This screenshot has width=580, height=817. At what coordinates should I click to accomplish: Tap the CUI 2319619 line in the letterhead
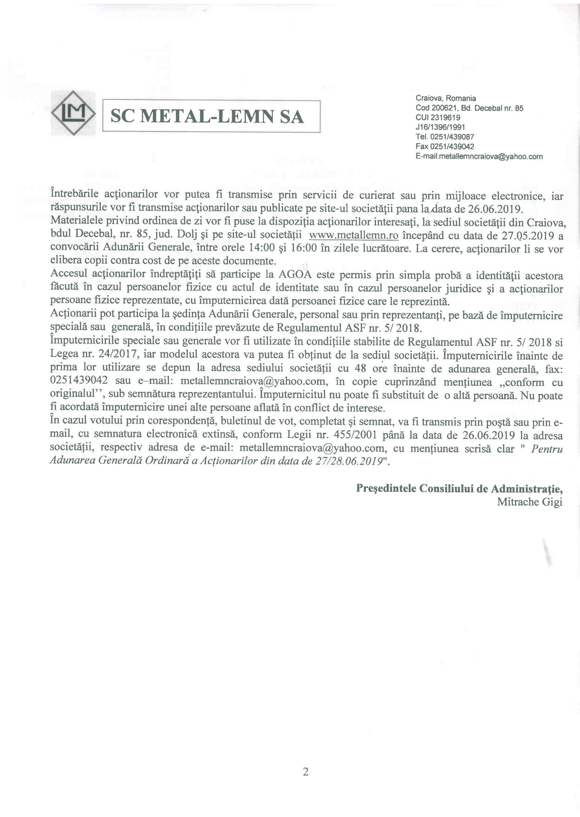point(438,117)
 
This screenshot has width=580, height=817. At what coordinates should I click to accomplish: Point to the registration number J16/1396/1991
point(440,127)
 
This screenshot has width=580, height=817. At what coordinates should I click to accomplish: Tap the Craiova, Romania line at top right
point(445,98)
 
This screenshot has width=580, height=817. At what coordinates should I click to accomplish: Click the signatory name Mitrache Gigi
point(530,502)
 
